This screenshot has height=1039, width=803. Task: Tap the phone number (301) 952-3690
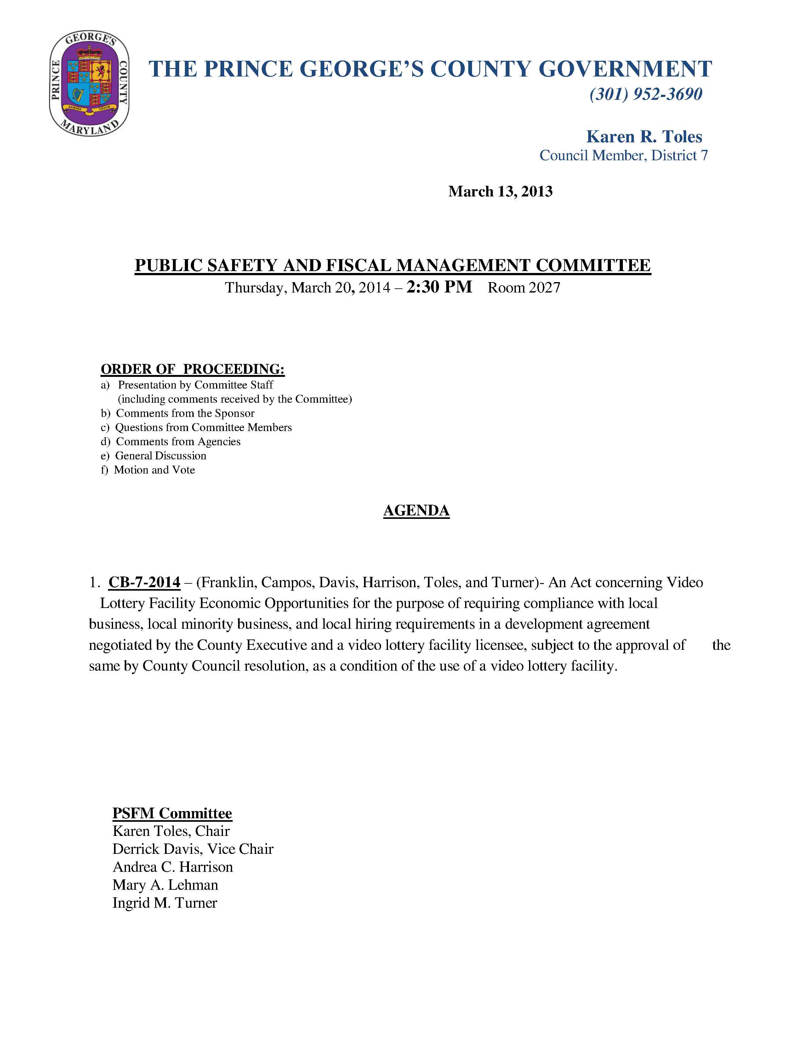coord(646,94)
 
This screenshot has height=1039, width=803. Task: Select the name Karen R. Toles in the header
coord(644,137)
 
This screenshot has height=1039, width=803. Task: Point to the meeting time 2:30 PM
coord(439,287)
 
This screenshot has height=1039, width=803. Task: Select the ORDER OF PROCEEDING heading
coord(193,369)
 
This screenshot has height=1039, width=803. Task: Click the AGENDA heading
coord(416,510)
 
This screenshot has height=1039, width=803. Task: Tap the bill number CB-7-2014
coord(144,582)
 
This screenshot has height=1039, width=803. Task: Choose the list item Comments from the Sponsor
coord(185,413)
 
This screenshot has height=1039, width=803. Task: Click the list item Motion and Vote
coord(154,470)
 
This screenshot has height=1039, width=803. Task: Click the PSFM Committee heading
coord(172,813)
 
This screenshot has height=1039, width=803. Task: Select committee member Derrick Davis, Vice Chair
coord(193,849)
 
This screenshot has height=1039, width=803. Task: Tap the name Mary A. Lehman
coord(165,885)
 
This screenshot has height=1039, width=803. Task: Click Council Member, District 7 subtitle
coord(623,156)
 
